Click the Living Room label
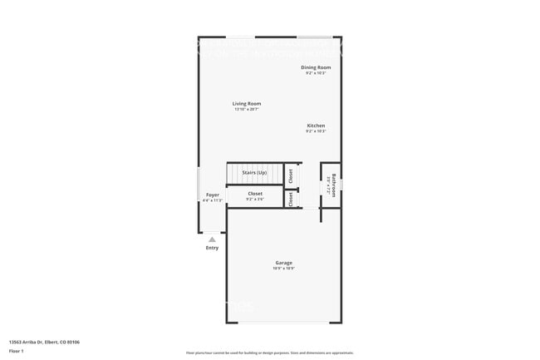pos(247,104)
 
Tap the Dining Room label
pos(316,67)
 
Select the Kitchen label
pos(316,126)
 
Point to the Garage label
pos(283,263)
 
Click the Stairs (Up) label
pos(254,172)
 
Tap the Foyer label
pos(213,195)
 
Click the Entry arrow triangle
pos(212,239)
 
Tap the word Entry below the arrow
pos(212,248)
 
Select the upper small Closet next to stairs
pos(291,175)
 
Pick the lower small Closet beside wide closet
pos(291,200)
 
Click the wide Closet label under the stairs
pos(255,194)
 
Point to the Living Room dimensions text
pos(247,110)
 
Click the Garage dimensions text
pos(283,269)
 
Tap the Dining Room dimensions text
pos(316,73)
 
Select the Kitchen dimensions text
pos(316,131)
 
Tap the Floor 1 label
pos(17,351)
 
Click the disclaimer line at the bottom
pos(269,353)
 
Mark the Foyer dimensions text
pos(213,200)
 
